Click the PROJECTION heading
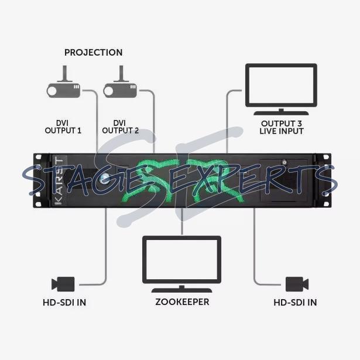(94, 53)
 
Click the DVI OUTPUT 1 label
(63, 126)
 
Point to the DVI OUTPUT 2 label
(120, 126)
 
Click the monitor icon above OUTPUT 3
(280, 88)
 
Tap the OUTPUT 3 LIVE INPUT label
(282, 127)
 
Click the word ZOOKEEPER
(182, 302)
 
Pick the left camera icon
(63, 284)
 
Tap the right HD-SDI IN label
(295, 303)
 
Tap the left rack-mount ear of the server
(39, 180)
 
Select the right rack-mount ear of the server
(322, 180)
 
